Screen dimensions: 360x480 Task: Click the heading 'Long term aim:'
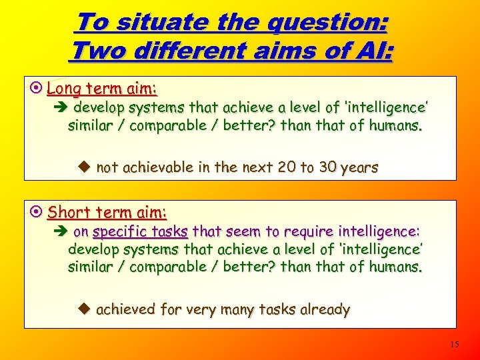[102, 88]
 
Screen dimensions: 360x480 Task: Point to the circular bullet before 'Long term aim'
[37, 88]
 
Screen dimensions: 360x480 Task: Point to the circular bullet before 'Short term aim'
[37, 212]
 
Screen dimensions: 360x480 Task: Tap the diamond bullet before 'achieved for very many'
[84, 309]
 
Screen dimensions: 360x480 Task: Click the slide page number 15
[455, 345]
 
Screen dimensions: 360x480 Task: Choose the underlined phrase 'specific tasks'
[140, 232]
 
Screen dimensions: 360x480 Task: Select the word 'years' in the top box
[359, 168]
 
